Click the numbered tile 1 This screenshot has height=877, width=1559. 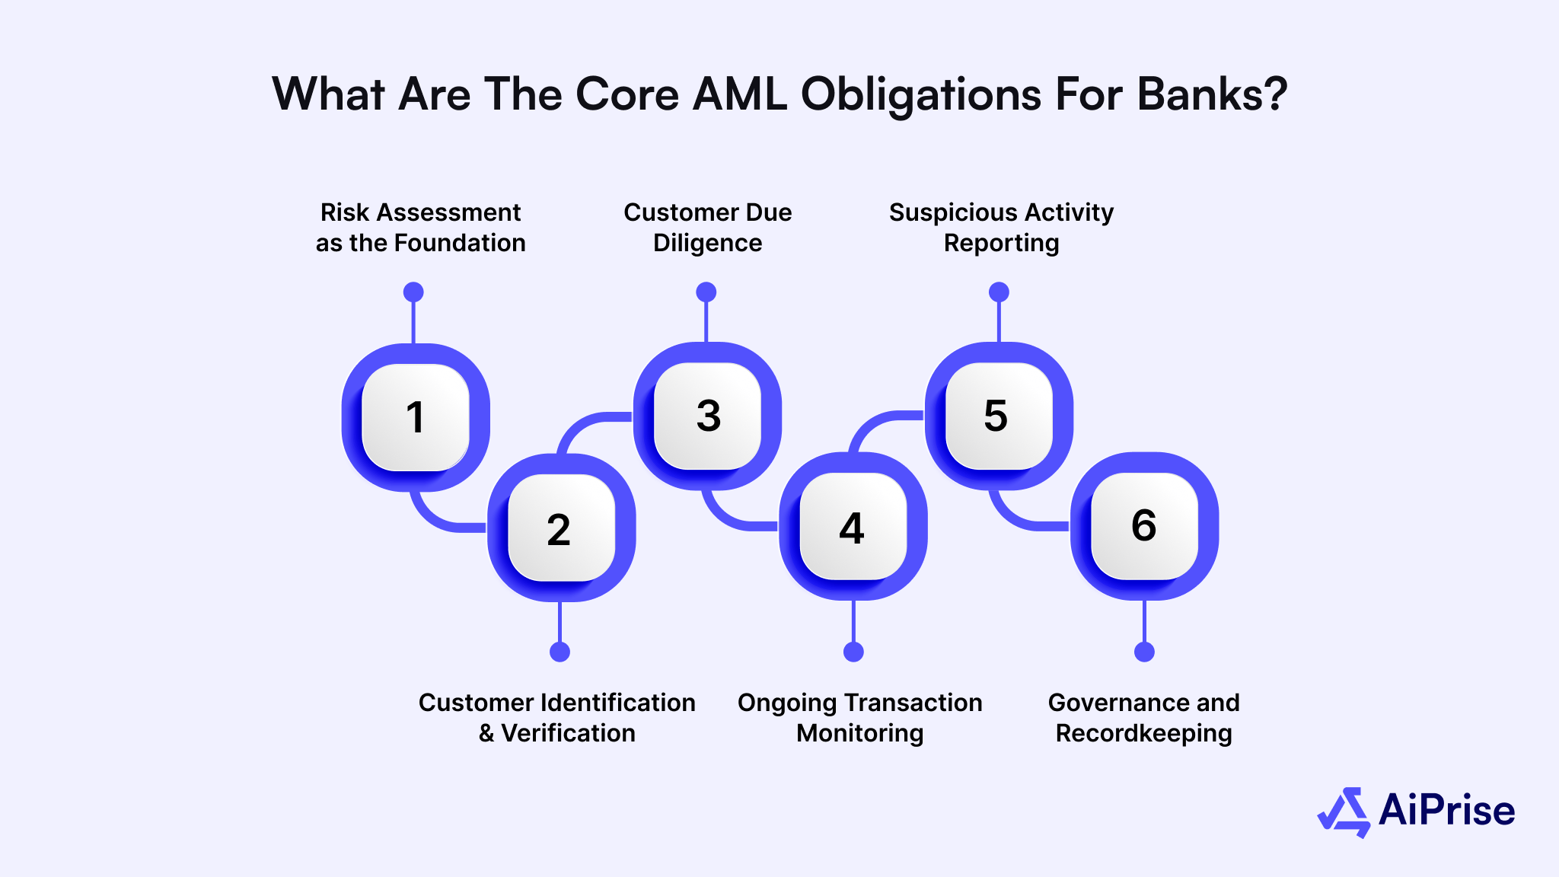[415, 417]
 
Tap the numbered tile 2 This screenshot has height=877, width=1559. [560, 528]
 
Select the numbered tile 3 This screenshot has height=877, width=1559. [707, 416]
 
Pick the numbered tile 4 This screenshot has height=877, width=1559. [853, 527]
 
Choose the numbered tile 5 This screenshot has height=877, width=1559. [998, 416]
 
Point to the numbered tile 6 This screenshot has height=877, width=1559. [1144, 525]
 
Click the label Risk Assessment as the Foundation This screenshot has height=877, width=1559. [420, 227]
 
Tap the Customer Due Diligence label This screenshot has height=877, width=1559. [707, 227]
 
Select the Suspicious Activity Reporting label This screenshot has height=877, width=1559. [1001, 227]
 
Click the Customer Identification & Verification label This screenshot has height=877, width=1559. [557, 717]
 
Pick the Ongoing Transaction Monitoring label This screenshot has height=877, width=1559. [859, 717]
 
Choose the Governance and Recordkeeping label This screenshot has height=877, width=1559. [1143, 717]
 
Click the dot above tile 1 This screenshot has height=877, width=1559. [413, 292]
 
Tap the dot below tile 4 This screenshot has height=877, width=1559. [853, 652]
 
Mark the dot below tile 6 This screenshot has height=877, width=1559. [1144, 652]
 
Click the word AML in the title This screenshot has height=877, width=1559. [739, 94]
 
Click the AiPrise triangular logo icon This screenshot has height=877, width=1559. [1344, 812]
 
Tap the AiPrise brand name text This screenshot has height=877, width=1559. [1446, 810]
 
